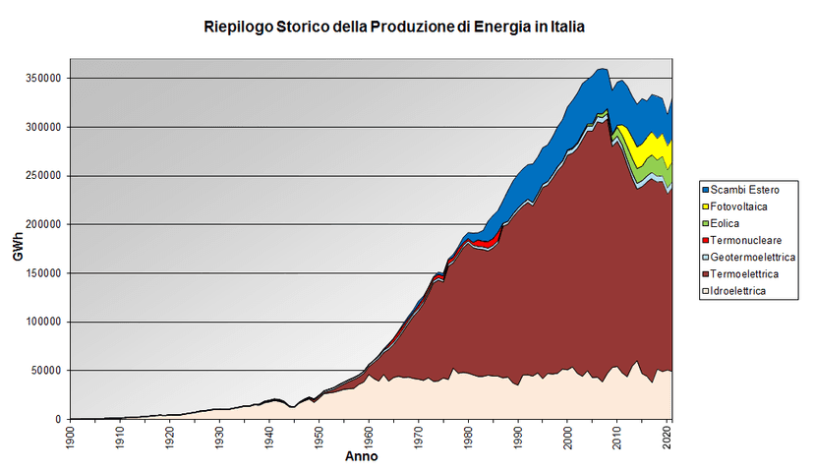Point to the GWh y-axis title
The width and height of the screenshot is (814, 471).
[x=18, y=246]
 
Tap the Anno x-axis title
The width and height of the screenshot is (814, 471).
[x=362, y=456]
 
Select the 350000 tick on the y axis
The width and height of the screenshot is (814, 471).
[x=43, y=79]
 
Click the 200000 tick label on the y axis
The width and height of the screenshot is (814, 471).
[x=43, y=224]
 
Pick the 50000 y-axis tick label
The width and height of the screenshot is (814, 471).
[x=46, y=371]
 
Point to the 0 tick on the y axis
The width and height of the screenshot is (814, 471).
[x=58, y=419]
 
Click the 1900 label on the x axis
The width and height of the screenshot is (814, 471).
[x=70, y=438]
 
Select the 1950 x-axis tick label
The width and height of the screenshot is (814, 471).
[x=319, y=438]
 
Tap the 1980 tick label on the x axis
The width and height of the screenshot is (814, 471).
[x=468, y=438]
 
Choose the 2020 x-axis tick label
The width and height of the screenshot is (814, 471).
[x=668, y=438]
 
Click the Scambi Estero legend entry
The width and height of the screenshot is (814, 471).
[x=741, y=190]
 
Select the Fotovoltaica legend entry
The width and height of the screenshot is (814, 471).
[x=734, y=206]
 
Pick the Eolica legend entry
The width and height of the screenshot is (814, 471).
[x=721, y=223]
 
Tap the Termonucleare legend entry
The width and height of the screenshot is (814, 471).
[x=742, y=241]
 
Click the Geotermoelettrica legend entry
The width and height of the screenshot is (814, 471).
[x=748, y=257]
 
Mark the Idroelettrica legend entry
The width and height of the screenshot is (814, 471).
[x=734, y=291]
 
